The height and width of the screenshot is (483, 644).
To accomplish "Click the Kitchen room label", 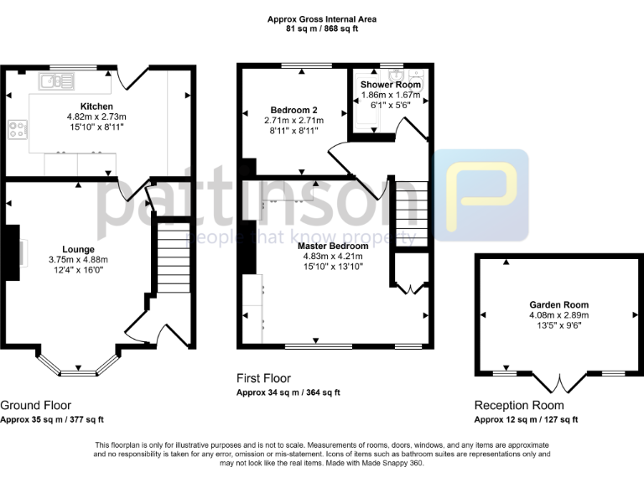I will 96,106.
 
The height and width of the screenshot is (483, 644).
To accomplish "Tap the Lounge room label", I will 77,249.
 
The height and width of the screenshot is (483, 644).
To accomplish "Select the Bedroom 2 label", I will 293,110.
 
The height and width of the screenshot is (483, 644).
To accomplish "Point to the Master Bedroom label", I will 333,246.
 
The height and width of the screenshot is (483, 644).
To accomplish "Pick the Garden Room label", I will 558,304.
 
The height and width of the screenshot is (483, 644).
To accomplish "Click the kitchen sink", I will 56,80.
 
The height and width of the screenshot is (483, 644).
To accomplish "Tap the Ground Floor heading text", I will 35,403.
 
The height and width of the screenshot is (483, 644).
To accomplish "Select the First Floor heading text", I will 263,379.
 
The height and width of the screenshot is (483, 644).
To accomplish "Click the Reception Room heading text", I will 518,403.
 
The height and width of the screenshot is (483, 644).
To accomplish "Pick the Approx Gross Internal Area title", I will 322,18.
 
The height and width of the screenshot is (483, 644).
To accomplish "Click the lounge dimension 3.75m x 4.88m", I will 77,260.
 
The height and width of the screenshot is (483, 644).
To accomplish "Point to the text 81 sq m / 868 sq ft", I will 322,29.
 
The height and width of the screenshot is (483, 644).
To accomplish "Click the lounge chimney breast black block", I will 9,252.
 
